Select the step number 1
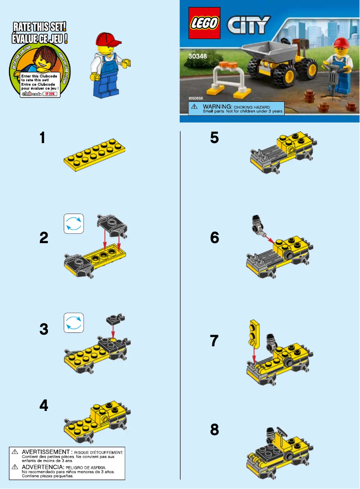(42, 138)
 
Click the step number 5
(215, 138)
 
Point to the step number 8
(215, 430)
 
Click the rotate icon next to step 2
(74, 223)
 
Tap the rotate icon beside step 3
(74, 323)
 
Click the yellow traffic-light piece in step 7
(255, 334)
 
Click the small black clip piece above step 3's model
(114, 320)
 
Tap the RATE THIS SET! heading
(40, 26)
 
